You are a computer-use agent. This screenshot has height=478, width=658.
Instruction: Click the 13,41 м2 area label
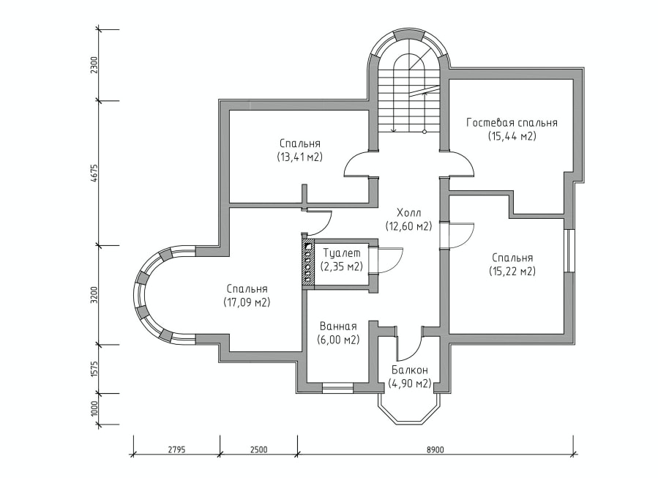click(299, 157)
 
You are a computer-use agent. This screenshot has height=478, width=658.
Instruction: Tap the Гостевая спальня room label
click(512, 122)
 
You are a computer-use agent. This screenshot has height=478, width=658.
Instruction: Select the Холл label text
click(408, 212)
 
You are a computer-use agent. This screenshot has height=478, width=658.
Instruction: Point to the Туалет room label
click(342, 253)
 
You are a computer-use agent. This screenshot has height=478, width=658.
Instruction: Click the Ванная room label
click(338, 326)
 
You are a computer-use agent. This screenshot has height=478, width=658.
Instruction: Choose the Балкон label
click(410, 370)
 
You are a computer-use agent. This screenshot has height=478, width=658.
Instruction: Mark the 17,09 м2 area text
click(247, 302)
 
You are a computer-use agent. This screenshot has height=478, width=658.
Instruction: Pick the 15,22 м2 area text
click(512, 272)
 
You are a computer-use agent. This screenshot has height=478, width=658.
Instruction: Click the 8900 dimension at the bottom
click(435, 450)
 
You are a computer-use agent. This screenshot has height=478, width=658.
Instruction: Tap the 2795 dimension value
click(176, 450)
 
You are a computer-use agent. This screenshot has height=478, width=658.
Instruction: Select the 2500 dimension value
click(258, 450)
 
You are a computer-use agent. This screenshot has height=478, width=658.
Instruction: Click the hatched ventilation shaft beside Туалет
click(307, 262)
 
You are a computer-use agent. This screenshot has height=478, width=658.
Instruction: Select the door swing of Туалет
click(391, 261)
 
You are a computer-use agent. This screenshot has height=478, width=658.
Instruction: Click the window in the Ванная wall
click(337, 388)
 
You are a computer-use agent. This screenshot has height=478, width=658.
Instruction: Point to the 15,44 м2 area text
click(512, 136)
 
